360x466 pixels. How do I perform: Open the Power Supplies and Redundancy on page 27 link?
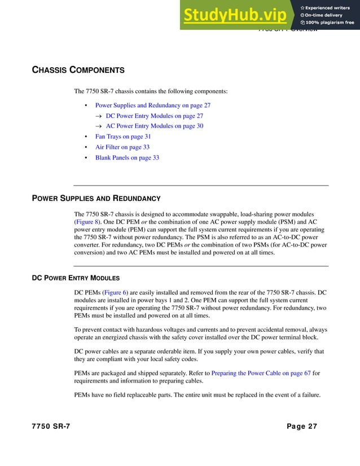pos(152,105)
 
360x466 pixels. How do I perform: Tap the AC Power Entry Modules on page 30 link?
pos(154,126)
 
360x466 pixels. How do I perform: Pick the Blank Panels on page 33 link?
pos(127,158)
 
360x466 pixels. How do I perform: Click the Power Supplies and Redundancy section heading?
pos(96,199)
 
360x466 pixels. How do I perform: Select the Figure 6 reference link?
pos(116,293)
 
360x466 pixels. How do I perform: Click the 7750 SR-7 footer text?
pos(51,427)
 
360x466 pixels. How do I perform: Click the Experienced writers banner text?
pos(330,7)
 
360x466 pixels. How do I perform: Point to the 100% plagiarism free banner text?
pos(330,23)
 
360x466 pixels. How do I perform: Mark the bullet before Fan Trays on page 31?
pos(85,137)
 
